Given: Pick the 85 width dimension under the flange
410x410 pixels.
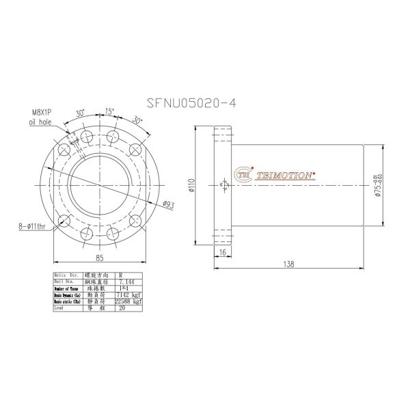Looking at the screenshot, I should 100,258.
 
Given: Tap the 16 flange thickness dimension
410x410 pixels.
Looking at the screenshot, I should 223,252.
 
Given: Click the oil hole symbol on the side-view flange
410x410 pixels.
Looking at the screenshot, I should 223,184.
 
